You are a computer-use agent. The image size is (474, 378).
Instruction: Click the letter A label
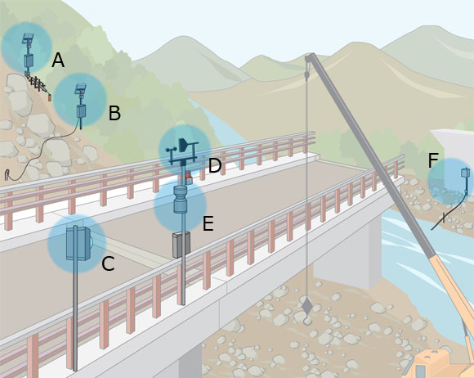(58, 60)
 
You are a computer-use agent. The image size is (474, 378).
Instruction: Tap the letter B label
(114, 113)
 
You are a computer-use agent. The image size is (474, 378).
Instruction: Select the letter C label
(108, 263)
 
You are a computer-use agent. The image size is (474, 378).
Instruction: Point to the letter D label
(215, 165)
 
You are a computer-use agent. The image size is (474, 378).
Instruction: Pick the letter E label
(208, 223)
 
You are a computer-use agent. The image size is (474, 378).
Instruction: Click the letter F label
(433, 160)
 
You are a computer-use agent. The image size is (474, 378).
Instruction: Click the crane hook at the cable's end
(307, 320)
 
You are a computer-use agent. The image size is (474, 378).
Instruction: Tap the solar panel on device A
(28, 38)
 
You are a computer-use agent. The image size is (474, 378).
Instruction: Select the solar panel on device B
(80, 88)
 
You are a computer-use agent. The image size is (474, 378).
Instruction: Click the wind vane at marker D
(184, 145)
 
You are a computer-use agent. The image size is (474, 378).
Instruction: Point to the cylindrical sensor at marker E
(181, 199)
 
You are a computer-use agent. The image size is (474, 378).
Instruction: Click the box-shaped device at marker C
(78, 244)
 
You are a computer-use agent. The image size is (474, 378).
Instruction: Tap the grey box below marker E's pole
(181, 245)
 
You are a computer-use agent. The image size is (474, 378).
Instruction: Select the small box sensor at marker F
(465, 173)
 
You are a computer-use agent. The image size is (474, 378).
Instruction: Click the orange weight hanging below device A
(50, 97)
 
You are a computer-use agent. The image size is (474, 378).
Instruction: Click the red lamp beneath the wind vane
(188, 174)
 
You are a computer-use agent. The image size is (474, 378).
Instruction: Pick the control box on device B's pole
(81, 110)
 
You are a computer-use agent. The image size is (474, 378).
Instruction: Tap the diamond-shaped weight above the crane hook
(307, 305)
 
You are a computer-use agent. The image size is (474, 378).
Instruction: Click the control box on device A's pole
(29, 61)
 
